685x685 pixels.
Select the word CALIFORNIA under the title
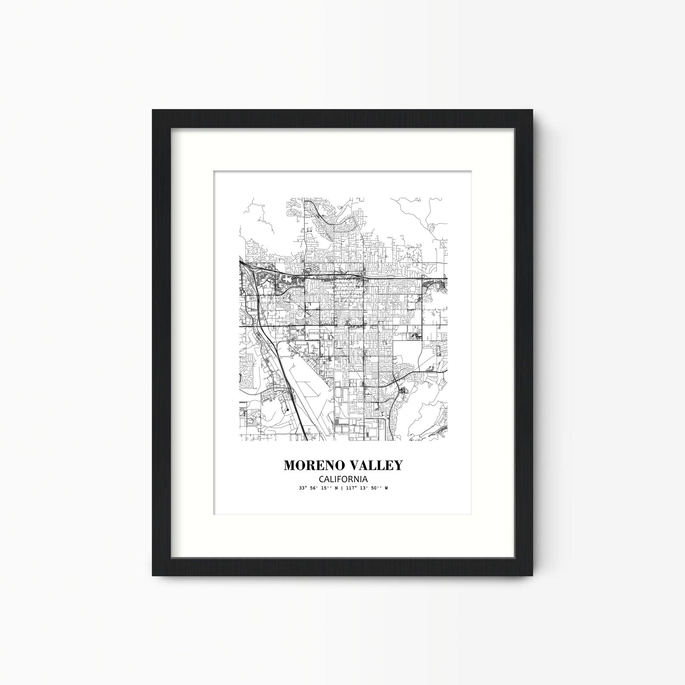click(343, 479)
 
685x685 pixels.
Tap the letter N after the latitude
click(336, 488)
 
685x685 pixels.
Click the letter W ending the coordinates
click(386, 488)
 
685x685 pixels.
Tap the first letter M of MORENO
click(289, 465)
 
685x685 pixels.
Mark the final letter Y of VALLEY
click(398, 465)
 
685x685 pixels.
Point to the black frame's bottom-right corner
click(532, 575)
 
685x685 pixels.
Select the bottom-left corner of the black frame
click(153, 575)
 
